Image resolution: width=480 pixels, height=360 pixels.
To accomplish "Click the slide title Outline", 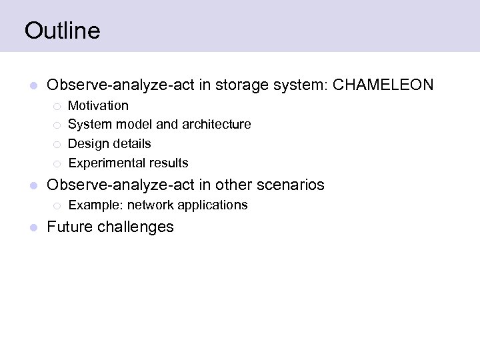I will [62, 31].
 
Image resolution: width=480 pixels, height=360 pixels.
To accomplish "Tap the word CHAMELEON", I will [383, 85].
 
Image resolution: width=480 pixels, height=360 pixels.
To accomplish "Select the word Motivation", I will [98, 105].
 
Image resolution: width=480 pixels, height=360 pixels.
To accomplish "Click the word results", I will [169, 163].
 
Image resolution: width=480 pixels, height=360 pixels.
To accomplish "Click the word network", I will [150, 205].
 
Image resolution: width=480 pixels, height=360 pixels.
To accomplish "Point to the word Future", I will [70, 227].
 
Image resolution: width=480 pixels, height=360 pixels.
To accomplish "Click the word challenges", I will [136, 227].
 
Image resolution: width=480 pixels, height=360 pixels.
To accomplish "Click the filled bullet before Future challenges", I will [33, 228].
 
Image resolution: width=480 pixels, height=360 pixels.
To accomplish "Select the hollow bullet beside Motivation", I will [57, 106].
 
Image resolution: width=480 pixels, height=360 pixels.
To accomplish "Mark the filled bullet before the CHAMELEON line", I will [33, 86].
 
